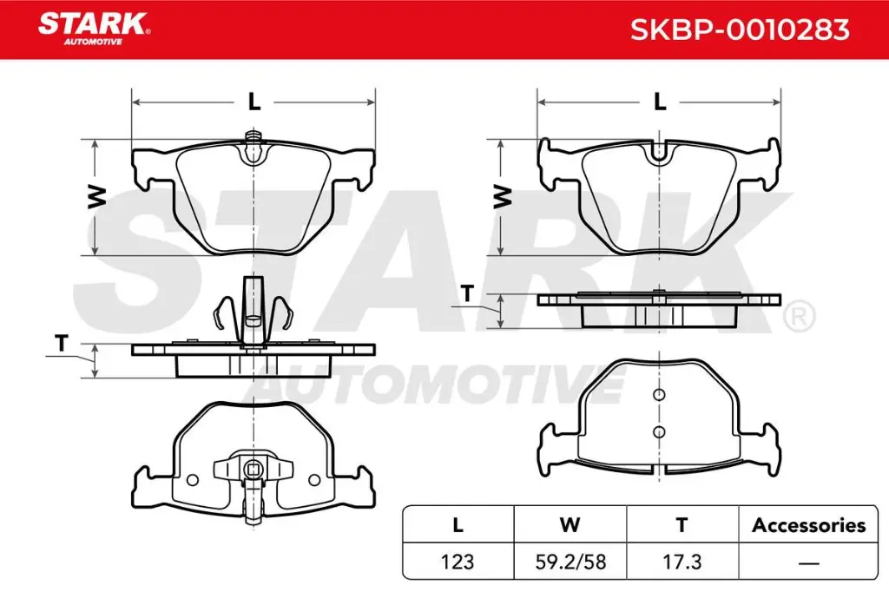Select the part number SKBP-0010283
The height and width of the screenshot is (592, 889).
pos(739,30)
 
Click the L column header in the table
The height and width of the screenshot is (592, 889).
pos(458,525)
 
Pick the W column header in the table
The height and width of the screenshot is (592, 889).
pos(570,525)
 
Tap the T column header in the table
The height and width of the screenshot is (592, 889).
pos(682,525)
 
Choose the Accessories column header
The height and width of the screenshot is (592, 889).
pos(808,525)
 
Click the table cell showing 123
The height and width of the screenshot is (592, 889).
pos(458,562)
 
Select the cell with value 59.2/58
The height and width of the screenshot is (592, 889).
pos(570,562)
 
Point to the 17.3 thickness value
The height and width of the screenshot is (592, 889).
pos(682,562)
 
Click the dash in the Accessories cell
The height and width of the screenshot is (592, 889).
pos(808,562)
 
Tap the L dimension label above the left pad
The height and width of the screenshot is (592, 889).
pos(254,102)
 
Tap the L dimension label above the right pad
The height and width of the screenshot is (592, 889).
pos(660,102)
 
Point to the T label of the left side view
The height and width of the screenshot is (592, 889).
pos(61,344)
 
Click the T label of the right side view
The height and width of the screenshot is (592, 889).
pos(467,294)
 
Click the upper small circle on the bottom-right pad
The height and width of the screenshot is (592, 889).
pos(659,396)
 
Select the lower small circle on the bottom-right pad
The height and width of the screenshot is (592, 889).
pos(659,431)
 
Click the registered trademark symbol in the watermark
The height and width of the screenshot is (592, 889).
pos(798,316)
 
